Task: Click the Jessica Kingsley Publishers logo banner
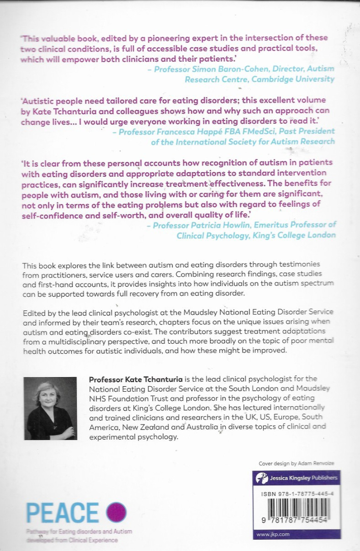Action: [297, 478]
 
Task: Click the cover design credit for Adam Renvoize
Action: [296, 463]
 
